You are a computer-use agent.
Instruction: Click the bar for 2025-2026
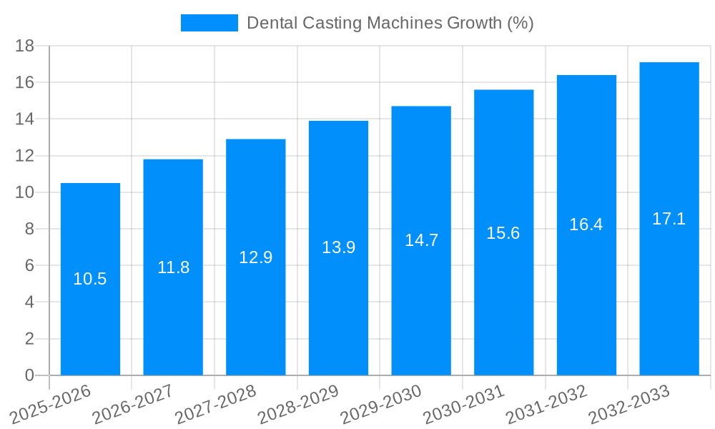pyautogui.click(x=90, y=279)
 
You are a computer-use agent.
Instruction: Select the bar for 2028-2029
pyautogui.click(x=338, y=247)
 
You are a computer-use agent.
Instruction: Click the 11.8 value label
pyautogui.click(x=173, y=267)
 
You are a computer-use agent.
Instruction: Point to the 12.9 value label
pyautogui.click(x=255, y=257)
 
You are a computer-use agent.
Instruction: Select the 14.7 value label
pyautogui.click(x=421, y=240)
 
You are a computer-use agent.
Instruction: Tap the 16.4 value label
pyautogui.click(x=586, y=225)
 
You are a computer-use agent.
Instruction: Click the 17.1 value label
pyautogui.click(x=669, y=219)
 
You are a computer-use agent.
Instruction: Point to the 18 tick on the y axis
pyautogui.click(x=25, y=46)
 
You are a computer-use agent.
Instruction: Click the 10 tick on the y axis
pyautogui.click(x=25, y=192)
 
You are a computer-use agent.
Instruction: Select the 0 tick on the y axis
pyautogui.click(x=29, y=375)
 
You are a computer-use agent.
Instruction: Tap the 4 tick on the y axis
pyautogui.click(x=29, y=302)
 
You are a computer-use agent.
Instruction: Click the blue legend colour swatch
pyautogui.click(x=209, y=23)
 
